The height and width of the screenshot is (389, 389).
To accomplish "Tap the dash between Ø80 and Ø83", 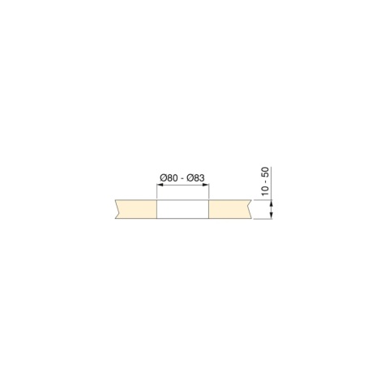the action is click(182, 179).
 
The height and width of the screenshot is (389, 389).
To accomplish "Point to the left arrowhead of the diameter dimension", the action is click(160, 185).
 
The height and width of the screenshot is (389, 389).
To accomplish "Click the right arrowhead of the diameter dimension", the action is click(206, 185).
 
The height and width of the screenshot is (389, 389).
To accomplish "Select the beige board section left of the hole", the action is click(136, 209).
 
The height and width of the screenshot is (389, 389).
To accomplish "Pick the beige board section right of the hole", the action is click(230, 209).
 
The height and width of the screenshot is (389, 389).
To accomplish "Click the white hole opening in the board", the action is click(183, 209).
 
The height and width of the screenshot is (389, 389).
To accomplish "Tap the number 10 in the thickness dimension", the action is click(266, 190).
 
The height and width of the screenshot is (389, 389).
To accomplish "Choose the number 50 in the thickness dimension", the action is click(266, 173).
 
